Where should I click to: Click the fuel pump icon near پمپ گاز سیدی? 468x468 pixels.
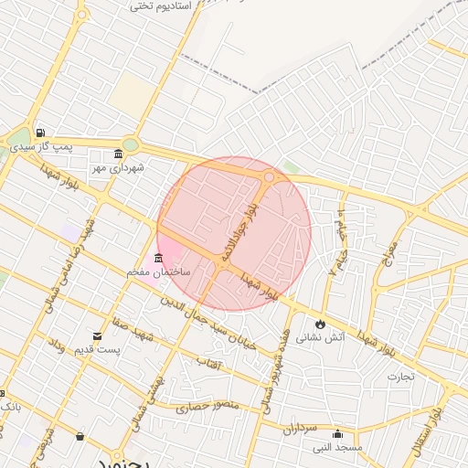click(x=40, y=133)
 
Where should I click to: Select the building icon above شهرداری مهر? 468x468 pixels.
click(x=119, y=154)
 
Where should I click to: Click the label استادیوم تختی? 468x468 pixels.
click(x=160, y=6)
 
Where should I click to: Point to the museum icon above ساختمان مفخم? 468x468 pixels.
click(x=159, y=258)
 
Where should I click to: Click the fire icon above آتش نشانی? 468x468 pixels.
click(x=320, y=324)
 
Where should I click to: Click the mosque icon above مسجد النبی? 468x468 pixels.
click(x=338, y=433)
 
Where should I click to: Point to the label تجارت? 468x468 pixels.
click(x=399, y=376)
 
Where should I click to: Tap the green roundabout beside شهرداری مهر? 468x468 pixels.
click(x=132, y=144)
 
